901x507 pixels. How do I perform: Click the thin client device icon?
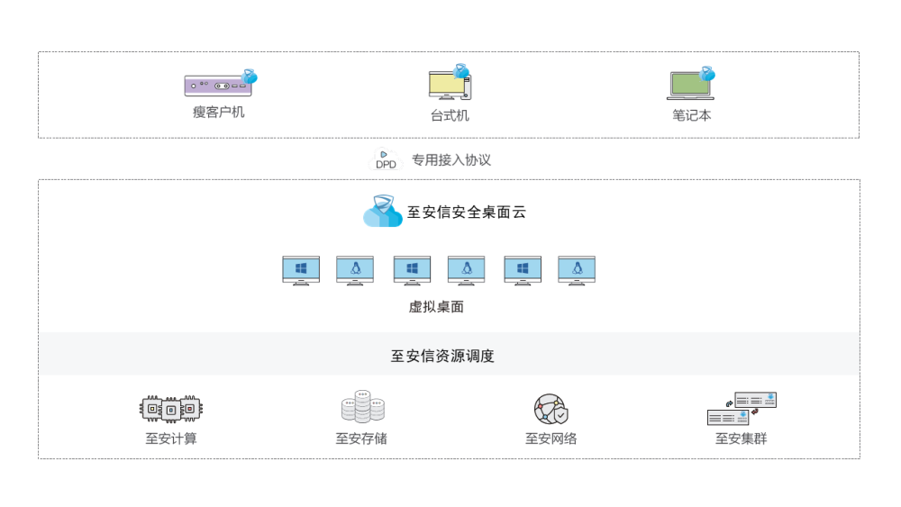[220, 84]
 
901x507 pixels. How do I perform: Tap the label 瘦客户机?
[219, 113]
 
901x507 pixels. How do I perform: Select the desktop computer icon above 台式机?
[450, 84]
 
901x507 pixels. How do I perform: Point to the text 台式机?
[450, 115]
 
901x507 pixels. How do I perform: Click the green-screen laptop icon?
[691, 84]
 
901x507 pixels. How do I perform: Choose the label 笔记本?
[691, 115]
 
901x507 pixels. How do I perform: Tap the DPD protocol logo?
[386, 160]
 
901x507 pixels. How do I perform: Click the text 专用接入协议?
[451, 160]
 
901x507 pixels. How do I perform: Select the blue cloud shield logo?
[382, 213]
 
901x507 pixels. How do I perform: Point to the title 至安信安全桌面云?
[466, 213]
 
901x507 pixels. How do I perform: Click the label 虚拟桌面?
[436, 306]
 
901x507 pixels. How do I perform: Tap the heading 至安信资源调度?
[442, 356]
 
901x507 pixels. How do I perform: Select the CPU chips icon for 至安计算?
[171, 409]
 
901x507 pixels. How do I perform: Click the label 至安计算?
[171, 439]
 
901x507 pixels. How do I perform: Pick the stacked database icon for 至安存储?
[362, 407]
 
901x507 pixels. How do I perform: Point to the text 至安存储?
[361, 439]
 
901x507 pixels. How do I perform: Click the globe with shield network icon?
[551, 409]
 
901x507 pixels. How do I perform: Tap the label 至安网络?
[551, 439]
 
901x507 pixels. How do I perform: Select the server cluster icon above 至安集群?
[742, 409]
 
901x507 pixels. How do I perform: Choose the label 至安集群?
[742, 439]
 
